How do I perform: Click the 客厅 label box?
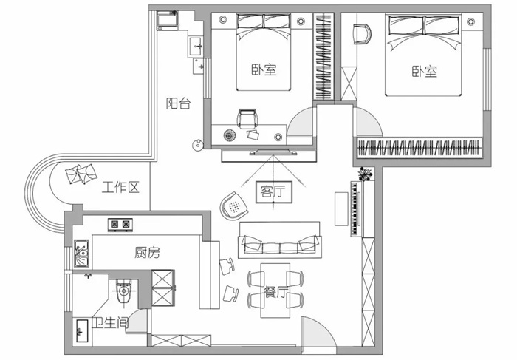point(274,191)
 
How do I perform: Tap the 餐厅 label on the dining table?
point(276,292)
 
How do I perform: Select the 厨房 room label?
point(148,252)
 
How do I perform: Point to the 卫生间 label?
point(110,323)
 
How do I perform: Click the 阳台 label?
point(178,103)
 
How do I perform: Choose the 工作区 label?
point(120,187)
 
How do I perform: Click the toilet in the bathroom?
point(123,291)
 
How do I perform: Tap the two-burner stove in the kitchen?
point(120,225)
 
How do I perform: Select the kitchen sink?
point(81,253)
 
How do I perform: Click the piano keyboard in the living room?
point(355,208)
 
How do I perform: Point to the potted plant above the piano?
point(366,174)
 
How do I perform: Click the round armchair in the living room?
point(234,206)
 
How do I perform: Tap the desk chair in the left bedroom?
point(247,119)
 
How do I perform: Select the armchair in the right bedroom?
point(362,33)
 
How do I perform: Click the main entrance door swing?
point(318,333)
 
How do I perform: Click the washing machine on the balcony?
point(167,21)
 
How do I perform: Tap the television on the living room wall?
point(273,152)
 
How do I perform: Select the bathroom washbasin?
point(81,330)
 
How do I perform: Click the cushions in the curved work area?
point(81,174)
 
